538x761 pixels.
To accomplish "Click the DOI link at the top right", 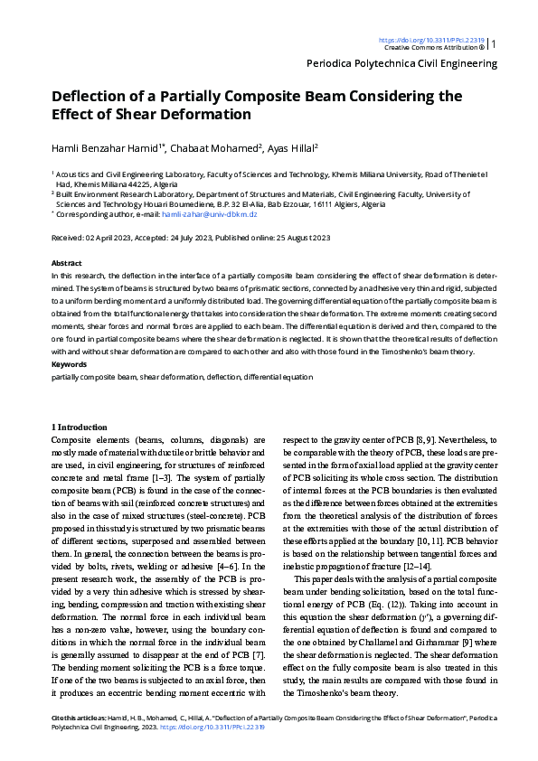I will (431, 40).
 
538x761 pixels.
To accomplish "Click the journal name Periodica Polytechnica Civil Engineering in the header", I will (402, 64).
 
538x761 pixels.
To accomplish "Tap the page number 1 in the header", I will (494, 43).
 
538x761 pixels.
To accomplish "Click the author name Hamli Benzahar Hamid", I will (108, 147).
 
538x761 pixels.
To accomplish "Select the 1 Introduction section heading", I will (80, 426).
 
